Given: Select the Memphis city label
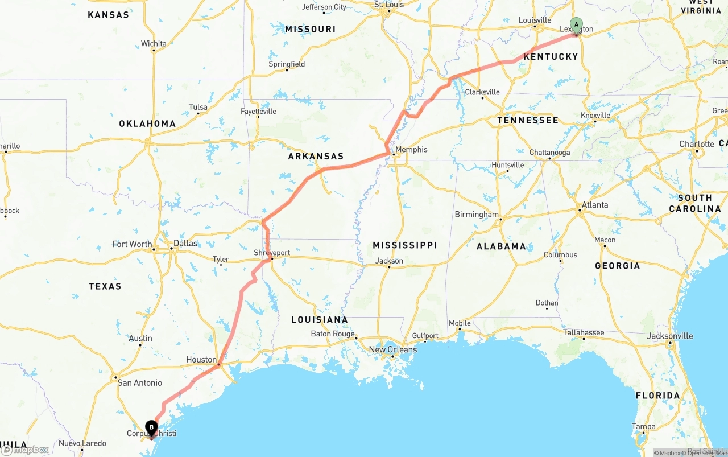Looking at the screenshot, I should coord(411,150).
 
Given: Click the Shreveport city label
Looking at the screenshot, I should coord(272,253).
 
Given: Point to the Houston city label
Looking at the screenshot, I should coord(201,360).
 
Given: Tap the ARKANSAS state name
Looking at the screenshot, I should coord(316,156).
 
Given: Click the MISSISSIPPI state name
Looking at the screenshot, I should coord(404,245).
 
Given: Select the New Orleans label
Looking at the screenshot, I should coord(392,349).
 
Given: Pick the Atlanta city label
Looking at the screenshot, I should coord(595,205).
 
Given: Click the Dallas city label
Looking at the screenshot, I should coord(185,244).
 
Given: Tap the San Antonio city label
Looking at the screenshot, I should coord(139,383).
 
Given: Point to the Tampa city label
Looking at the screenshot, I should coord(643,426).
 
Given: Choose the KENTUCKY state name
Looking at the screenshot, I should coord(551,57).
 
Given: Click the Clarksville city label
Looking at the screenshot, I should coord(482,92).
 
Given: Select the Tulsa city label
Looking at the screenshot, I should coord(198,107).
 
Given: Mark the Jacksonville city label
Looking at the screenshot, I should coord(670,336).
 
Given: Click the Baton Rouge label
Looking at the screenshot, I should coord(333,334).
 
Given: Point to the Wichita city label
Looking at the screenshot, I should coord(154,44).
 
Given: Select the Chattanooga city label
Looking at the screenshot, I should coord(549,153).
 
